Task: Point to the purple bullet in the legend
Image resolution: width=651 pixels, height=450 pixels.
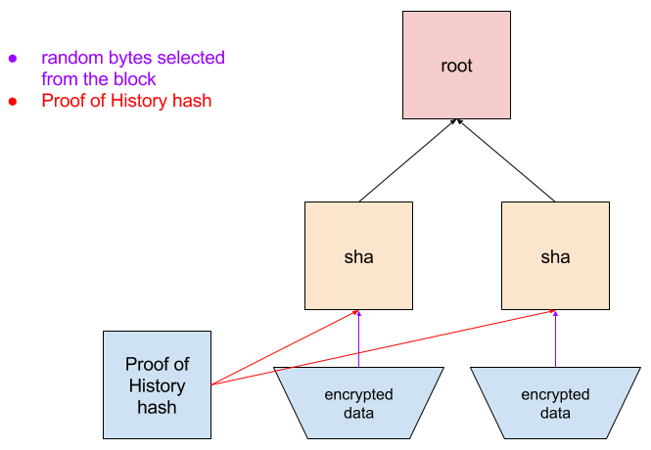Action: click(12, 58)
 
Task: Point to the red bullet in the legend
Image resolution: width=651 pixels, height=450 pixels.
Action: click(12, 101)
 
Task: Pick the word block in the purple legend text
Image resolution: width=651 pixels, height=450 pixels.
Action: click(136, 79)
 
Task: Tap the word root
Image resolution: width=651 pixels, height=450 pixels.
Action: click(456, 67)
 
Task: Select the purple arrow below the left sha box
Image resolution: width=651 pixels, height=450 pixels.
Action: click(358, 342)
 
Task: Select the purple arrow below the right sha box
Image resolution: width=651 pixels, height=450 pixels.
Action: click(555, 342)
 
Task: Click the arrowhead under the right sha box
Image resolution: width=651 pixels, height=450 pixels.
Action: click(555, 313)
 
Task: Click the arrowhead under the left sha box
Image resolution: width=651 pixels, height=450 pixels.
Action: click(358, 313)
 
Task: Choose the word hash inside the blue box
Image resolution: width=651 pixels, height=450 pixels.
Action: click(157, 406)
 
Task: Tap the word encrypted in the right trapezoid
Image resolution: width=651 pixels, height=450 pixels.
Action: click(555, 395)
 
